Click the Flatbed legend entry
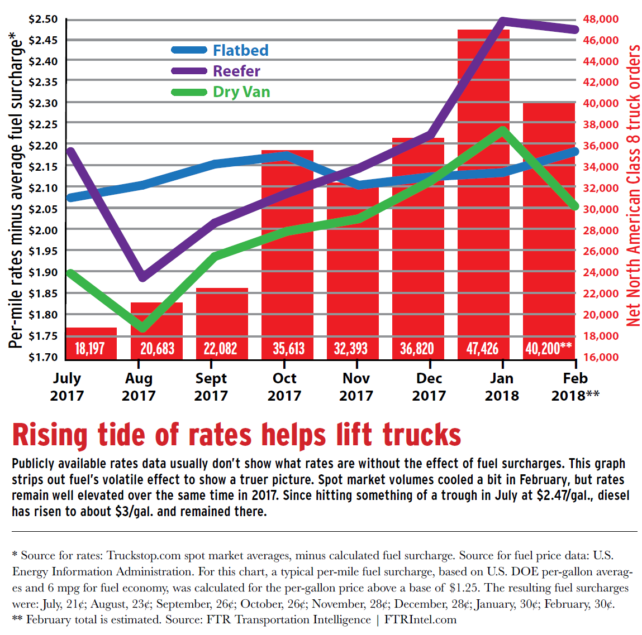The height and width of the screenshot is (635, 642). click(x=240, y=50)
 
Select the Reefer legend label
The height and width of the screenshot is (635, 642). click(x=236, y=71)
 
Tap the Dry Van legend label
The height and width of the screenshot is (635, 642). click(x=241, y=92)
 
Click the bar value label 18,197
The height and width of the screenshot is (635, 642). click(x=90, y=349)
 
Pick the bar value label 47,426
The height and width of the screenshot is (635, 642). click(x=482, y=349)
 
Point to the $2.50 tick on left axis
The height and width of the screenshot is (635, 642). click(x=42, y=20)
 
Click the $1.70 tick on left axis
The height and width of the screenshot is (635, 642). click(x=42, y=357)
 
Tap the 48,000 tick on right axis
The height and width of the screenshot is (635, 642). click(x=601, y=20)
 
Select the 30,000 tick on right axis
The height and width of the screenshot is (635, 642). click(x=601, y=209)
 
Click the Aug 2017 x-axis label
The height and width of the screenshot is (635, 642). click(x=139, y=387)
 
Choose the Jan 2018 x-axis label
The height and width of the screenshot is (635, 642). click(x=502, y=387)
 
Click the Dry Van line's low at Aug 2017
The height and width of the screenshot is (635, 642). click(x=143, y=328)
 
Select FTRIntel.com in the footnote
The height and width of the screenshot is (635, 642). click(x=420, y=619)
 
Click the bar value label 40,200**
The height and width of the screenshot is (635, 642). click(x=548, y=349)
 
